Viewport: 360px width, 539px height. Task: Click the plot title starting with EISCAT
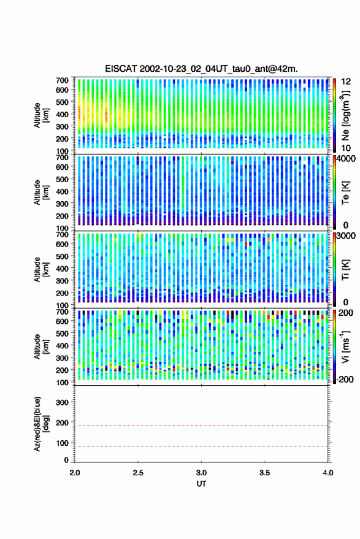pos(201,69)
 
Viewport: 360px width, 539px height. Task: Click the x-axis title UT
pos(201,484)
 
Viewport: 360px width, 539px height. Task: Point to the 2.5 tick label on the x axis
pos(138,473)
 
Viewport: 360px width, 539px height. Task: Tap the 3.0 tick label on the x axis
pos(201,473)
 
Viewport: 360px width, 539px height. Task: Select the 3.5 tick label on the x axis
pos(264,473)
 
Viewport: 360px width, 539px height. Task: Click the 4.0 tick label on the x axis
pos(327,473)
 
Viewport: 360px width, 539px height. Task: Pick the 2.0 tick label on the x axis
pos(75,473)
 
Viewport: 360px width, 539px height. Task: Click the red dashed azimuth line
pos(202,426)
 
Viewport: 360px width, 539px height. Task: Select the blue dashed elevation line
pos(202,446)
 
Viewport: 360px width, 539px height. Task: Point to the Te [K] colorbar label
pos(345,193)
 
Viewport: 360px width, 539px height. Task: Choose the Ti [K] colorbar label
pos(345,270)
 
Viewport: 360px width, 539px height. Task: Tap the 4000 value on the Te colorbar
pos(345,159)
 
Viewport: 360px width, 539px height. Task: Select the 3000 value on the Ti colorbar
pos(345,236)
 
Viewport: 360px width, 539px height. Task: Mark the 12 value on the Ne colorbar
pos(346,82)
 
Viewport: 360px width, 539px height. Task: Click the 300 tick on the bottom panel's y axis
pos(62,402)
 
